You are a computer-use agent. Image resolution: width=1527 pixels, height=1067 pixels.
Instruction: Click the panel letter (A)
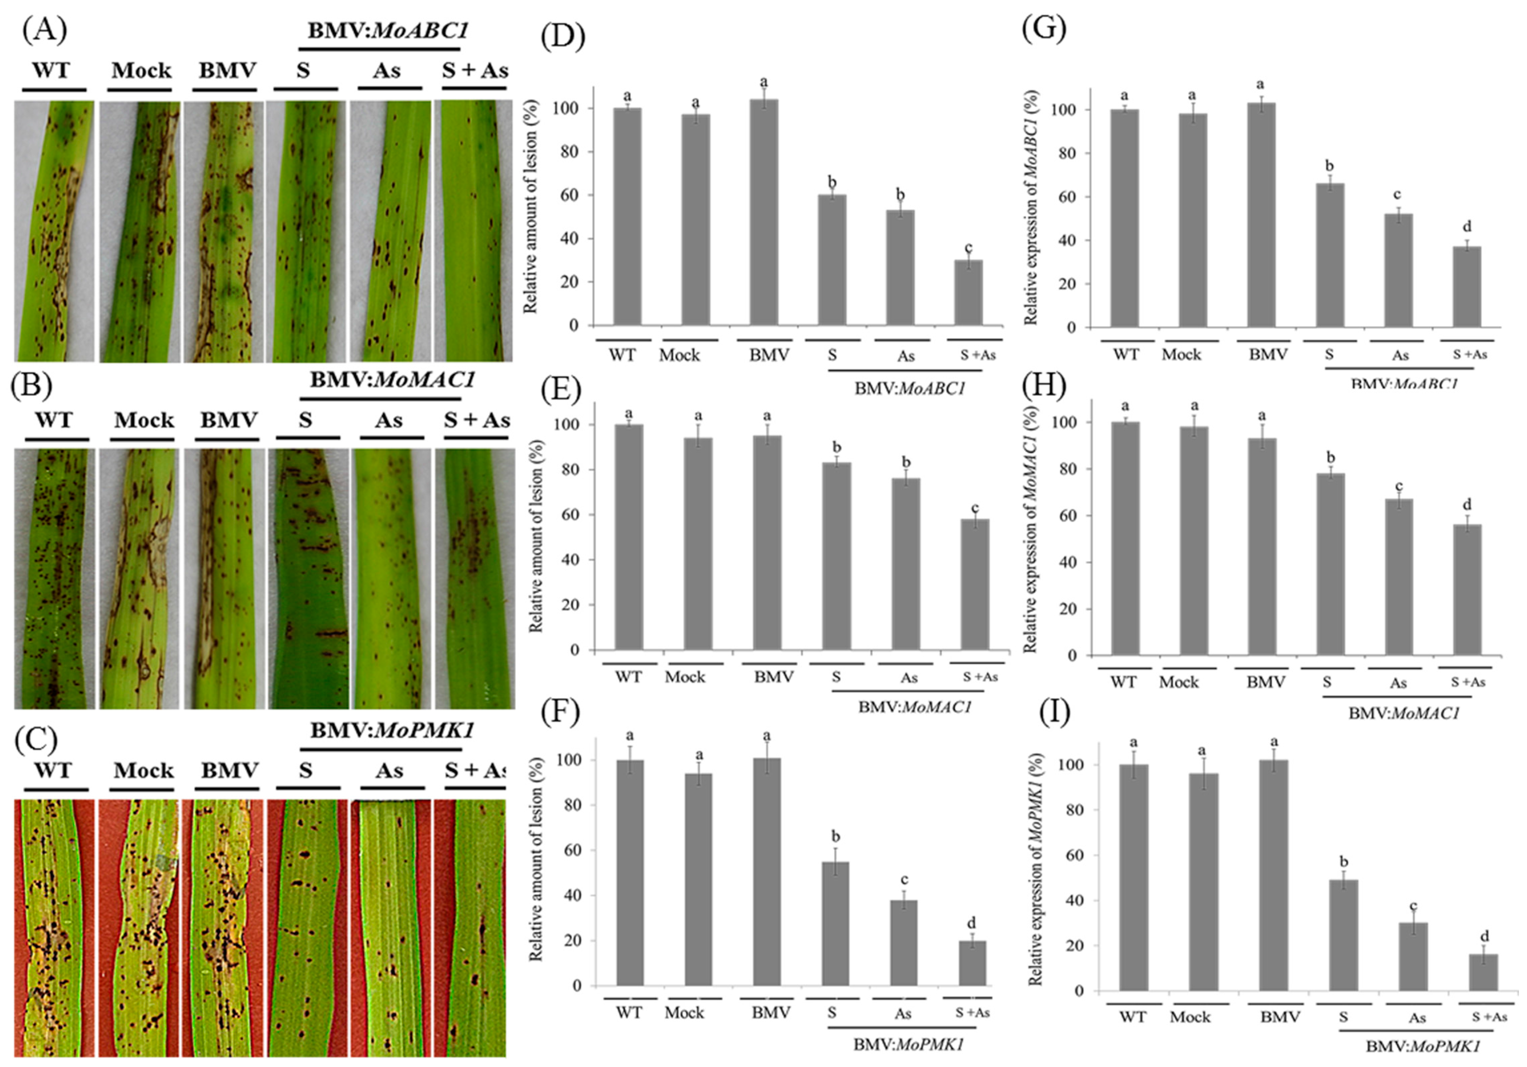tap(44, 30)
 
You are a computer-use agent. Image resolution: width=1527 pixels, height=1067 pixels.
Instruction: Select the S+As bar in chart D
tap(968, 293)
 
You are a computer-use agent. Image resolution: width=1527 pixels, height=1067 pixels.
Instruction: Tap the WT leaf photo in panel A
tap(55, 231)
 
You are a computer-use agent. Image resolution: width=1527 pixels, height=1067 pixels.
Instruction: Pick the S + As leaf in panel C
tap(470, 928)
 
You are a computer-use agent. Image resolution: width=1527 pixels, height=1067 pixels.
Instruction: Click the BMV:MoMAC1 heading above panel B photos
tap(392, 380)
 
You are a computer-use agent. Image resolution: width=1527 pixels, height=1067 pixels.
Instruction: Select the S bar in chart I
tap(1343, 934)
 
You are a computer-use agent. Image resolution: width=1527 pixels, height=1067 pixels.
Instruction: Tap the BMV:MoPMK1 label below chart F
tap(908, 1044)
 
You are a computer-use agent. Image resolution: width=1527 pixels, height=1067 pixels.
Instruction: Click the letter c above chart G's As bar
tap(1397, 194)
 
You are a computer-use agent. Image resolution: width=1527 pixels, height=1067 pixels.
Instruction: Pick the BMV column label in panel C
tap(230, 770)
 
